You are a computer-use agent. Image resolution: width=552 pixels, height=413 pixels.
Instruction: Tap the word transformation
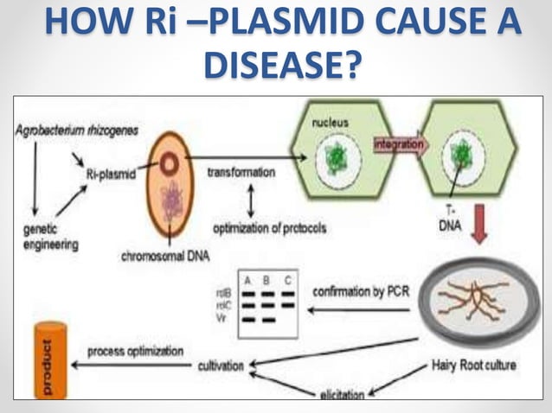(x=241, y=172)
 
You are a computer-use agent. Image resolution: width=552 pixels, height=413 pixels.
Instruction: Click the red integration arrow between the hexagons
(x=400, y=145)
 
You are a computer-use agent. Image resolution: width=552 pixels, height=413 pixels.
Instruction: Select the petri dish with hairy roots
(x=472, y=302)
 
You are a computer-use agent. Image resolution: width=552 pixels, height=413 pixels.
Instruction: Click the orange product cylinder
(x=48, y=358)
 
